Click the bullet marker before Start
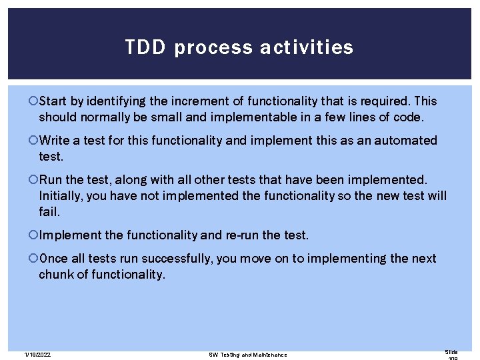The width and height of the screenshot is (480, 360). click(x=34, y=101)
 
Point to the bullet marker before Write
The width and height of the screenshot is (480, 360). click(x=34, y=141)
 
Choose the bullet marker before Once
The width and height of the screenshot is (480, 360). click(x=34, y=259)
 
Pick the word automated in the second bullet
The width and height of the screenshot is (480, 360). click(x=407, y=141)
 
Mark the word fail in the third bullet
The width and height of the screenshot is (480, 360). click(x=49, y=211)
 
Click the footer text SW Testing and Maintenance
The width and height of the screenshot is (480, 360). click(x=248, y=355)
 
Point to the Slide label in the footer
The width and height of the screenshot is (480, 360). click(x=452, y=351)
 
